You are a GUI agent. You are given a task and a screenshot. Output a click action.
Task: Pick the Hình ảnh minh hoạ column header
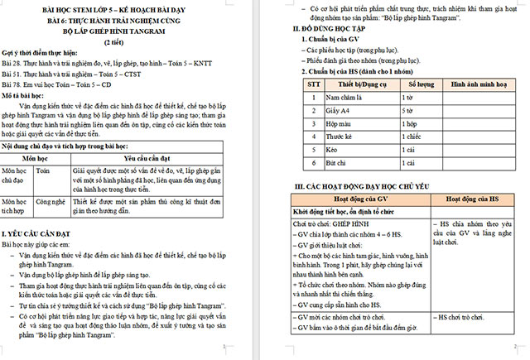pyautogui.click(x=479, y=84)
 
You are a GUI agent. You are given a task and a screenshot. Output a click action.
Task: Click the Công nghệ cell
pyautogui.click(x=51, y=200)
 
